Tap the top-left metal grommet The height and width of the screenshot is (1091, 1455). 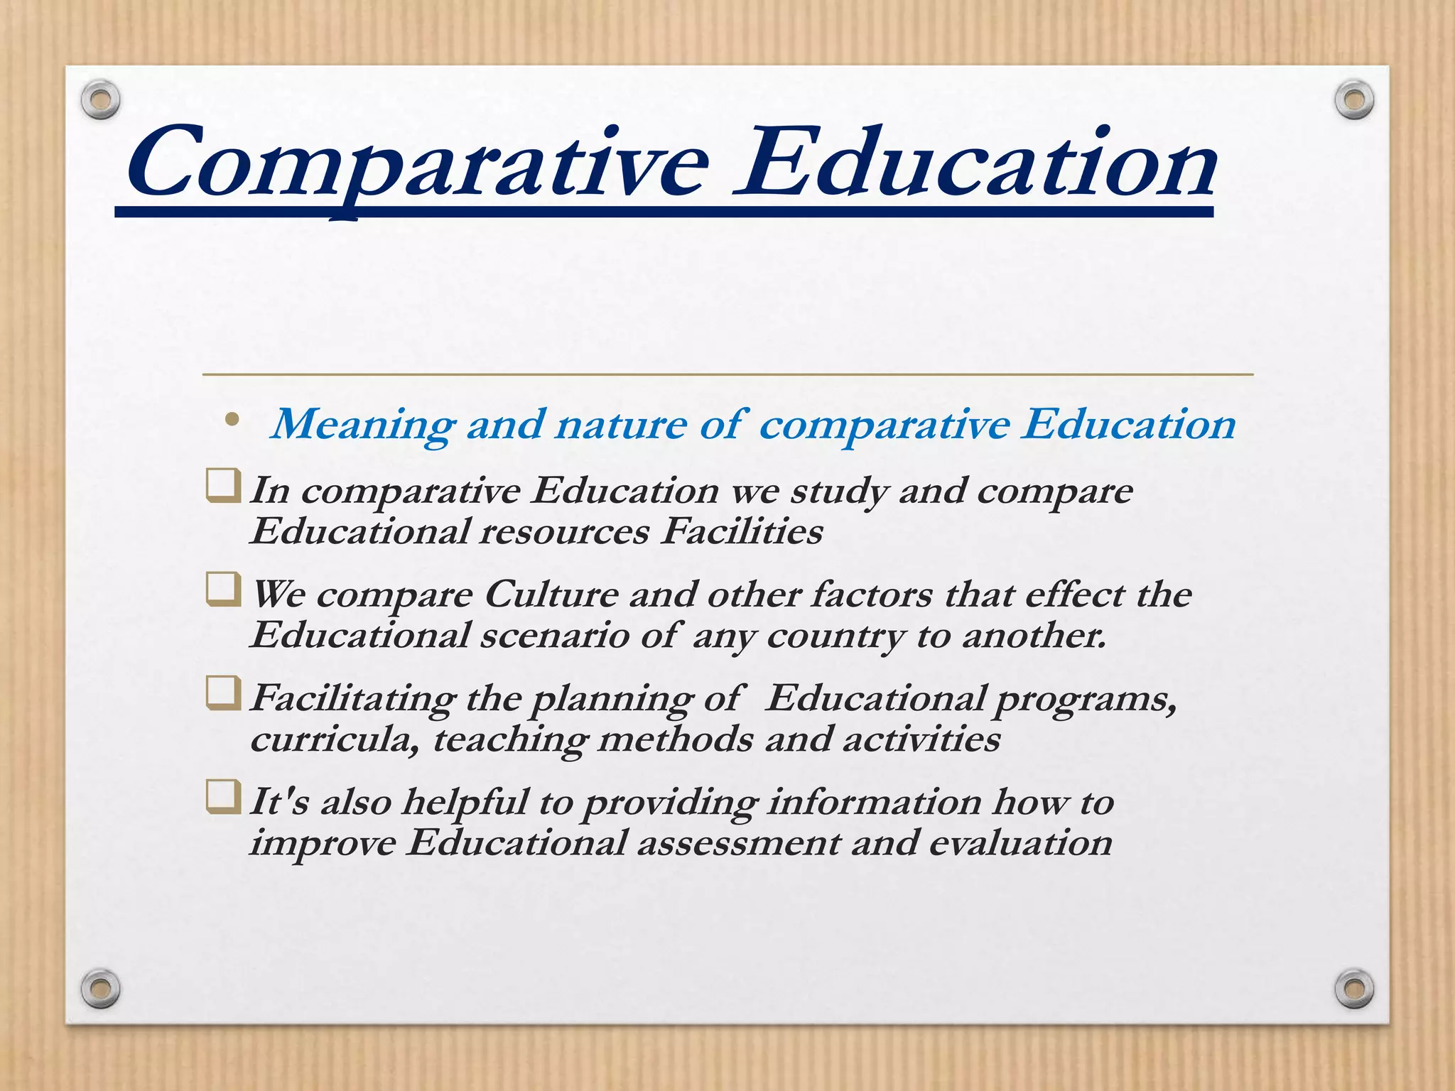(x=100, y=100)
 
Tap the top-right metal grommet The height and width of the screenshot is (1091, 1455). (x=1354, y=100)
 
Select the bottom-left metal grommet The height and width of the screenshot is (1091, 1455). (x=100, y=988)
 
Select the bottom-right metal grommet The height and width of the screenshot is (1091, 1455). (x=1354, y=988)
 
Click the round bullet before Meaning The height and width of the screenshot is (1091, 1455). (x=232, y=420)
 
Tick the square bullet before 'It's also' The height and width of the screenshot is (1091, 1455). (x=223, y=797)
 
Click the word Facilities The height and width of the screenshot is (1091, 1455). (x=741, y=531)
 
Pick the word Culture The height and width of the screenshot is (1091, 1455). (x=551, y=595)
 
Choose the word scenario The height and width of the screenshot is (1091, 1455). (x=554, y=635)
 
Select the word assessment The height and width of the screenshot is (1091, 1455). (x=738, y=843)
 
